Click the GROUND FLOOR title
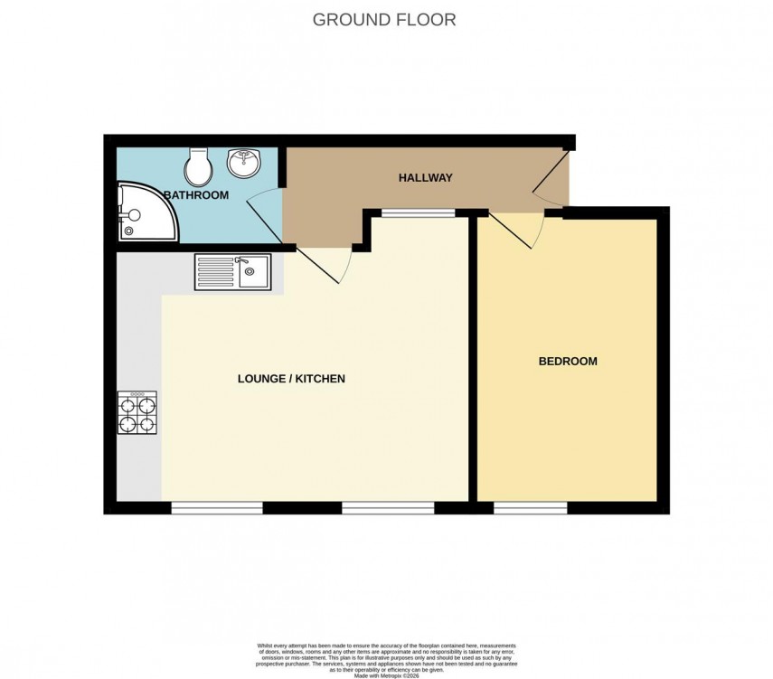tap(384, 19)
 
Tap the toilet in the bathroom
tap(197, 165)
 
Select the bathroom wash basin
tap(243, 164)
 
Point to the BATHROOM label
tap(196, 195)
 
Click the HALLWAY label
tap(425, 178)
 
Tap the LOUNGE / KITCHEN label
tap(291, 379)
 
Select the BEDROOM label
tap(568, 362)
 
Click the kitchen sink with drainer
tap(231, 271)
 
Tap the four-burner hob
tap(137, 413)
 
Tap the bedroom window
tap(530, 508)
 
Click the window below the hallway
tap(418, 213)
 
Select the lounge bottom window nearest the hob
tap(217, 508)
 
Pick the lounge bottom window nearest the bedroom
tap(387, 508)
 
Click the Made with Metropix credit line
tap(386, 674)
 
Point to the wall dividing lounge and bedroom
tap(473, 362)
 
